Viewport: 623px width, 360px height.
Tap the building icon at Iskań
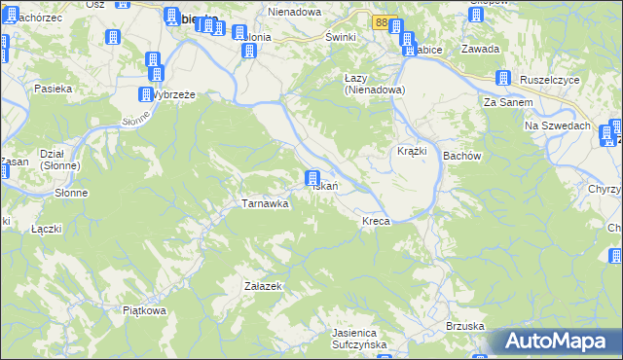tap(312, 179)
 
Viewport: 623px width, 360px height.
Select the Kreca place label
tap(376, 222)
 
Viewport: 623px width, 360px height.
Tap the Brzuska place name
tap(465, 326)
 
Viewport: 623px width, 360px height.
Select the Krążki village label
tap(412, 152)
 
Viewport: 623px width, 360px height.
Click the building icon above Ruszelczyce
tap(504, 79)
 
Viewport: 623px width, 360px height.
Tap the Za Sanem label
tap(504, 102)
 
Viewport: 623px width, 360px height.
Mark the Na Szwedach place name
tap(558, 126)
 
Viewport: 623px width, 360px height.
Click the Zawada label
tap(481, 49)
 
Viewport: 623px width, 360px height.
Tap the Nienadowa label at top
tap(295, 14)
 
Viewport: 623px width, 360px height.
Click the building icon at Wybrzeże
tap(142, 95)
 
